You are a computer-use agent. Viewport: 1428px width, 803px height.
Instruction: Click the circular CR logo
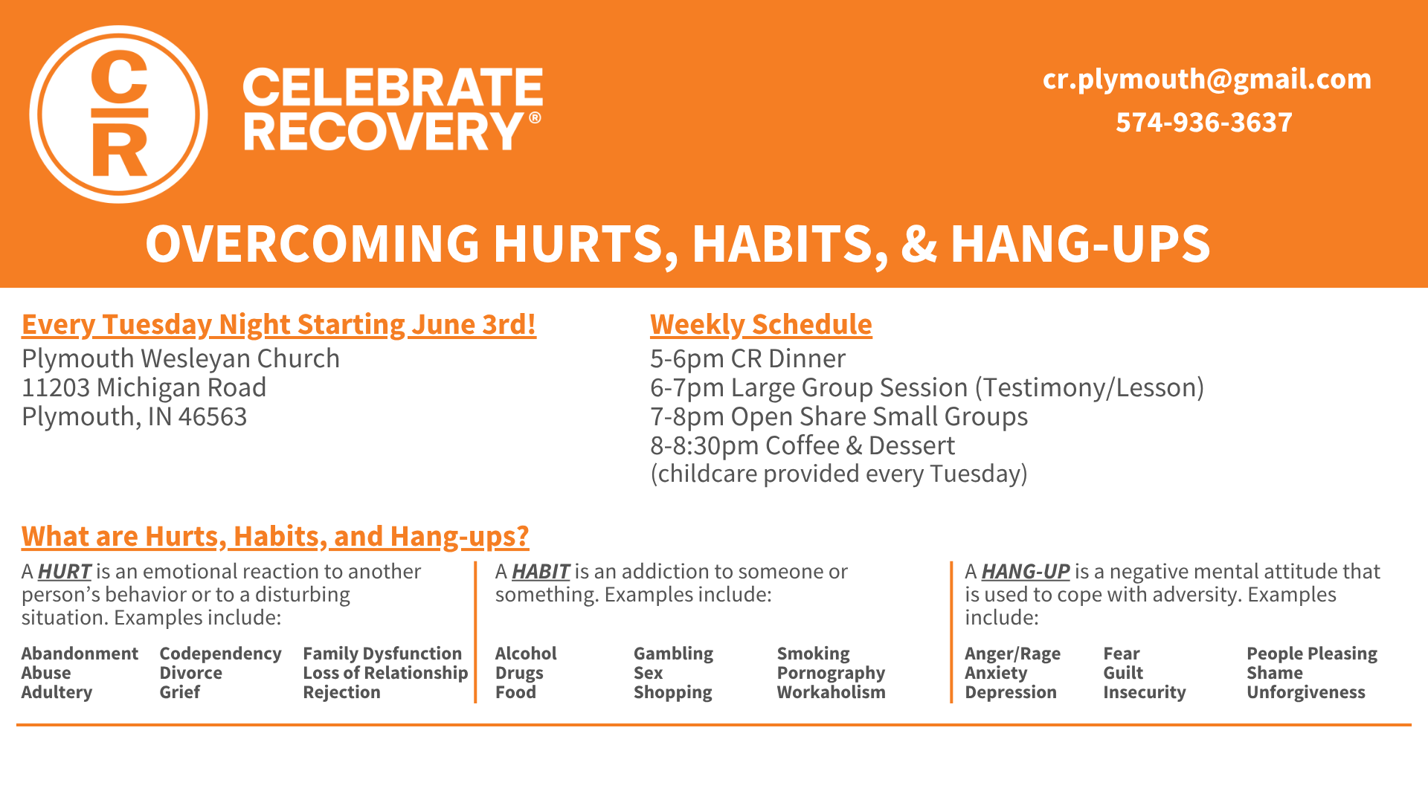[x=119, y=115]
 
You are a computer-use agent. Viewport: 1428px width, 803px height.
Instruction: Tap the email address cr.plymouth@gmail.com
[x=1206, y=79]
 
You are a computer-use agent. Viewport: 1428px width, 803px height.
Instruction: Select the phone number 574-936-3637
[x=1204, y=122]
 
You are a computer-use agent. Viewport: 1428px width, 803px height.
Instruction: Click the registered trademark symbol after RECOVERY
[x=535, y=118]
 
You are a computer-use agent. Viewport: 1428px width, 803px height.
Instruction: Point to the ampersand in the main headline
[x=919, y=244]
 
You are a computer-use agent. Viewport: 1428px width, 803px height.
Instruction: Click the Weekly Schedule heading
[x=761, y=325]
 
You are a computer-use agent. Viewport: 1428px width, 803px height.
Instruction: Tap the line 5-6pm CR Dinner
[x=747, y=358]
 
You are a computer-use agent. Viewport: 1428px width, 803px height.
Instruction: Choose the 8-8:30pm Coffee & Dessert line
[x=802, y=445]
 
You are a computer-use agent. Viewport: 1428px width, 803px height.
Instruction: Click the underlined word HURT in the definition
[x=65, y=571]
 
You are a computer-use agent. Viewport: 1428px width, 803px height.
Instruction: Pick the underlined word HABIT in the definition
[x=541, y=571]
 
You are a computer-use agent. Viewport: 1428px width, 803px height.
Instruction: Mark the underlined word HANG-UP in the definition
[x=1026, y=571]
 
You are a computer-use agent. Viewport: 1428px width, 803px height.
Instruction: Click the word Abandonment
[x=80, y=654]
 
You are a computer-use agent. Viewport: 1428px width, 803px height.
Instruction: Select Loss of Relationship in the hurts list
[x=385, y=673]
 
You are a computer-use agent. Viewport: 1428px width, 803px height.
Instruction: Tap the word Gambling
[x=673, y=654]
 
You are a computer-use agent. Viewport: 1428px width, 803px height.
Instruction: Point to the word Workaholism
[x=831, y=692]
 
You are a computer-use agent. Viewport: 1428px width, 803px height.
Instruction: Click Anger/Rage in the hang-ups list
[x=1012, y=654]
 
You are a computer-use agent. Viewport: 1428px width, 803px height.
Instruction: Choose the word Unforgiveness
[x=1306, y=692]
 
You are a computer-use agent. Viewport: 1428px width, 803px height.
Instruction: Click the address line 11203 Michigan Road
[x=144, y=387]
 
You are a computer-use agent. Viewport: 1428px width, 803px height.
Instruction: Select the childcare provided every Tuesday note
[x=839, y=474]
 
